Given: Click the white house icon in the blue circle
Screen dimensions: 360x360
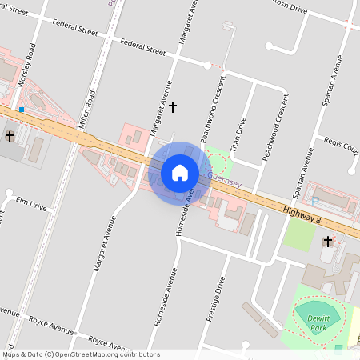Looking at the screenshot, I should pyautogui.click(x=180, y=172).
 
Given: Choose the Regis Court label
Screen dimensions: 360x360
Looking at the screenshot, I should pyautogui.click(x=341, y=146).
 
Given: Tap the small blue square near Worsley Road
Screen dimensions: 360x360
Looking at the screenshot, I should pyautogui.click(x=22, y=109).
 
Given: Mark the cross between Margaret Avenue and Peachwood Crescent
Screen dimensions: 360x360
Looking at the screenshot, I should pyautogui.click(x=172, y=106).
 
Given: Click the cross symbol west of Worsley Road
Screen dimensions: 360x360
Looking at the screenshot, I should pyautogui.click(x=9, y=137).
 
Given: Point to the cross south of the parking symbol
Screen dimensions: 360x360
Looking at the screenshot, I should pyautogui.click(x=327, y=241).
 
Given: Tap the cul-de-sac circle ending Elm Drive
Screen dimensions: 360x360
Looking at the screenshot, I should pyautogui.click(x=9, y=194).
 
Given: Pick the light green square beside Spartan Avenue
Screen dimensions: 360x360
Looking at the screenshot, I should pyautogui.click(x=298, y=233).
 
